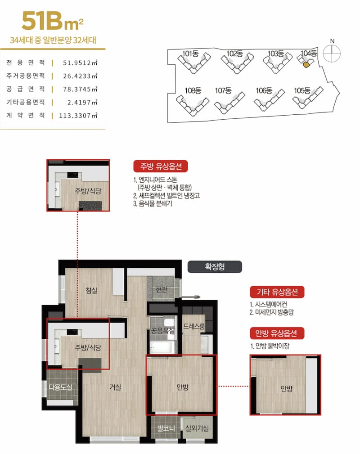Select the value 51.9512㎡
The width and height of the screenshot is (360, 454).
(x=80, y=63)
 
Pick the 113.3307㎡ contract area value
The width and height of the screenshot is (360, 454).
(x=78, y=116)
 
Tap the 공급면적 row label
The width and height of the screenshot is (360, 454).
(x=26, y=89)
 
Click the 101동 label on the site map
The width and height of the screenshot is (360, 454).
(x=190, y=54)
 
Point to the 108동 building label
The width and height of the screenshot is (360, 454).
(x=193, y=90)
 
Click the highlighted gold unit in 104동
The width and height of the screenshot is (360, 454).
(x=306, y=64)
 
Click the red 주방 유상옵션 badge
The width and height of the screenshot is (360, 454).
(x=161, y=166)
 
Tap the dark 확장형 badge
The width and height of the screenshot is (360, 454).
(x=215, y=267)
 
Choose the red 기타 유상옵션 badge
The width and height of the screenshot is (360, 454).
(x=277, y=292)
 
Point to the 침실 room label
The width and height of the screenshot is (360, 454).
(x=91, y=290)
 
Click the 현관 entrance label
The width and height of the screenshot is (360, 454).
(x=162, y=289)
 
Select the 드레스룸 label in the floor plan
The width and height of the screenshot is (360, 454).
(x=194, y=327)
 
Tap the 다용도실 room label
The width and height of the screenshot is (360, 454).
(x=60, y=387)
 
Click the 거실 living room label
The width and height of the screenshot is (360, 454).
(x=115, y=387)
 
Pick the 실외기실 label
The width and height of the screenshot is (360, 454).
(x=197, y=428)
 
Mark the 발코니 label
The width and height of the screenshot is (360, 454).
(x=166, y=428)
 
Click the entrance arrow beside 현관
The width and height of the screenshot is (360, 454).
(x=190, y=297)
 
